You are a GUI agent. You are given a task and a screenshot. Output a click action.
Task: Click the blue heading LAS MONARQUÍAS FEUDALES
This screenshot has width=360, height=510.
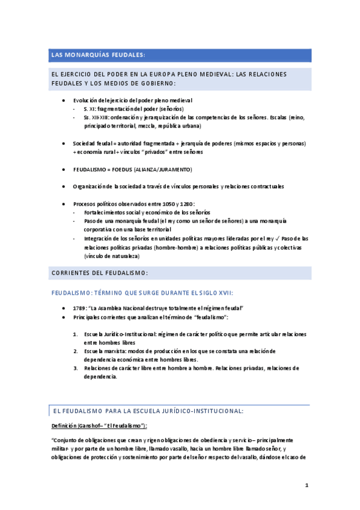pyautogui.click(x=99, y=55)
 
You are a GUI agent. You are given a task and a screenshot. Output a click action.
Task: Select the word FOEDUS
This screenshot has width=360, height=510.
pyautogui.click(x=123, y=170)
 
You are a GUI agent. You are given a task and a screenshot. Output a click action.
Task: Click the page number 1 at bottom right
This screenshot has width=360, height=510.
pyautogui.click(x=306, y=485)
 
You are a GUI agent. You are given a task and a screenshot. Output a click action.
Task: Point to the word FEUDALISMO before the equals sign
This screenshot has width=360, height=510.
pyautogui.click(x=91, y=170)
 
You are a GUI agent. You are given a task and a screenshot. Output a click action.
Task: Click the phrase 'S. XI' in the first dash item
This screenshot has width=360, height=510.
pyautogui.click(x=89, y=109)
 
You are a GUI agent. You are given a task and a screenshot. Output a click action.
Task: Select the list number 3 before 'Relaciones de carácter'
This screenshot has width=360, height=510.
pyautogui.click(x=76, y=367)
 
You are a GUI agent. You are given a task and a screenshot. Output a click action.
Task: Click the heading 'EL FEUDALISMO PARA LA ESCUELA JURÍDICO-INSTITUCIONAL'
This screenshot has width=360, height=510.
pyautogui.click(x=148, y=411)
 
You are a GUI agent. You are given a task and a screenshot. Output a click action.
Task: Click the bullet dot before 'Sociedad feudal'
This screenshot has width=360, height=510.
pyautogui.click(x=64, y=144)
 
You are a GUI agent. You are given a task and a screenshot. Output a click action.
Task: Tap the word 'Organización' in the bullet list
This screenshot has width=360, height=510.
pyautogui.click(x=91, y=186)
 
